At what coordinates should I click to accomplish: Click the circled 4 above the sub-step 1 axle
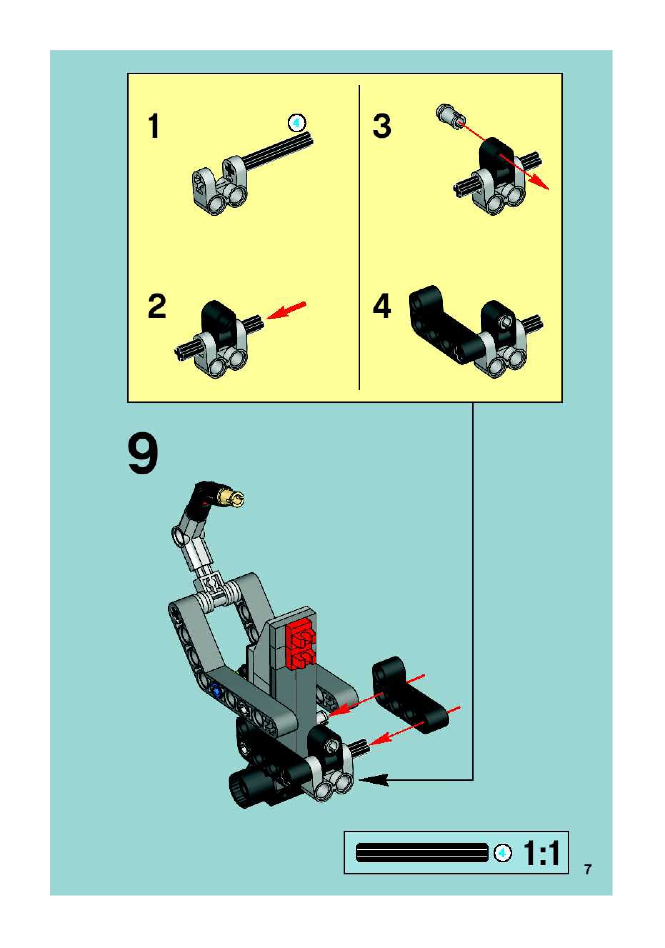click(296, 123)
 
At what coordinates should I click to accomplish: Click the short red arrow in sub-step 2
click(286, 310)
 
